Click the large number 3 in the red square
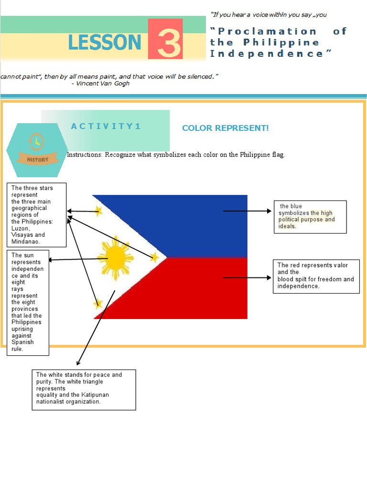pos(165,42)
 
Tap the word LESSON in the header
pos(105,43)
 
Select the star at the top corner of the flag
pos(99,210)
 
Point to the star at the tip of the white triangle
pos(154,257)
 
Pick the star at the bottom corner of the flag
pos(98,303)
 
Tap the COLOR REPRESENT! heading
pos(225,128)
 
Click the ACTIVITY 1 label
pos(106,126)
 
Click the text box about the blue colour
pos(310,217)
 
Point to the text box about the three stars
pos(36,214)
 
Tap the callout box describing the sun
pos(28,302)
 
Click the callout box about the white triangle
pos(84,389)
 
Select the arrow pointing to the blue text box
pos(247,211)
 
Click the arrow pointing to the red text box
pos(247,277)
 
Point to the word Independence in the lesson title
pos(267,53)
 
